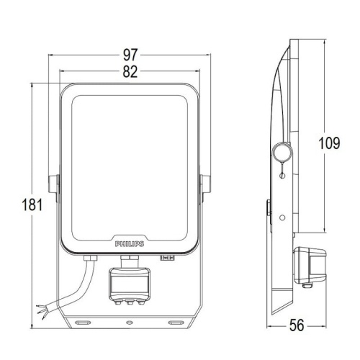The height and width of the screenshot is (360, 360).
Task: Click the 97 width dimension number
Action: pos(130,55)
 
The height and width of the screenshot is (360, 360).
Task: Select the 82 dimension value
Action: pos(130,71)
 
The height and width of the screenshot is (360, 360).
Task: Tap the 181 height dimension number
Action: pos(32,204)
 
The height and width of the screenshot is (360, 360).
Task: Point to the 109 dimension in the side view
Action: pos(329,143)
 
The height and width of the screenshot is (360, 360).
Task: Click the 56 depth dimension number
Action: pos(297,325)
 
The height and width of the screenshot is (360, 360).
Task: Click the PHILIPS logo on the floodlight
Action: pos(130,244)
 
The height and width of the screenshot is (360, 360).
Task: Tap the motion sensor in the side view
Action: pos(310,265)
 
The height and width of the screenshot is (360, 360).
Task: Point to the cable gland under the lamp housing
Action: pos(90,258)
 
